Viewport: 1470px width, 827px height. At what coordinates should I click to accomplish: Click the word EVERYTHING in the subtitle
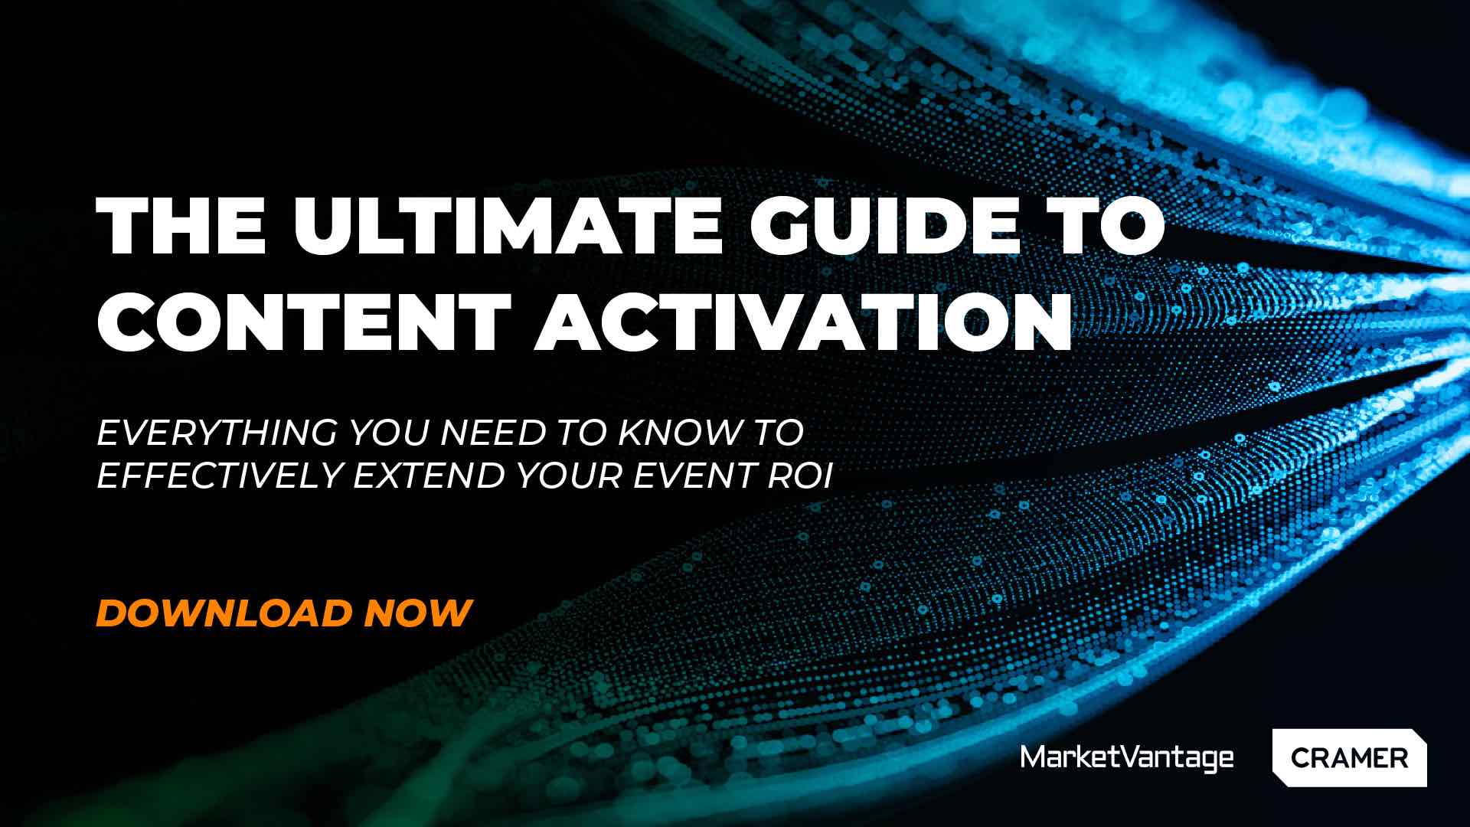pos(217,433)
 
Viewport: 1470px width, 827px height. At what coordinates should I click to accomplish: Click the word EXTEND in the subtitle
pos(430,476)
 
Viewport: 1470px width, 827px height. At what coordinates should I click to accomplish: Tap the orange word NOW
pos(417,613)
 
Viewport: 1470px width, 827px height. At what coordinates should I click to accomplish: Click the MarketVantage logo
pos(1127,758)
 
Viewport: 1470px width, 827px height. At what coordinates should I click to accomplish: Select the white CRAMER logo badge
pos(1349,758)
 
